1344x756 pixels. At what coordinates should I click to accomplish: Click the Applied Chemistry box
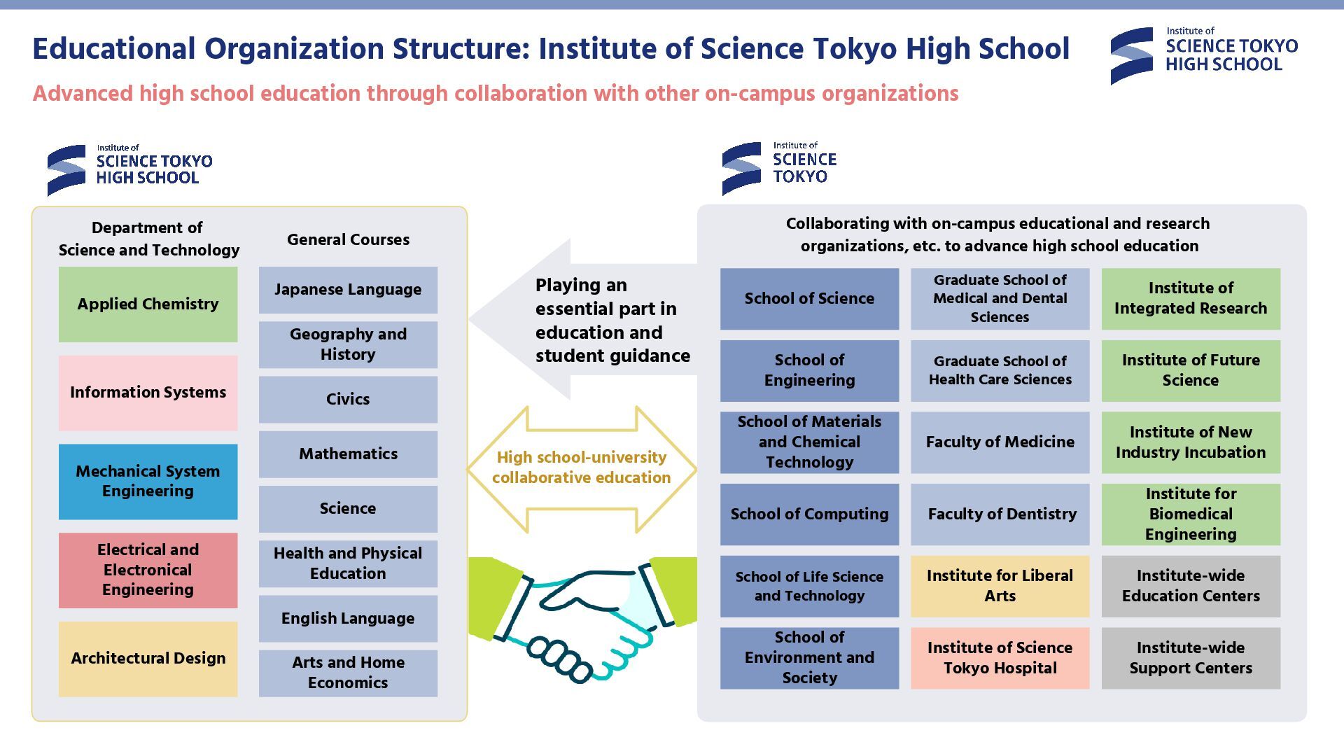click(x=148, y=304)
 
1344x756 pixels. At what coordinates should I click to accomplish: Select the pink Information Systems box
click(x=148, y=392)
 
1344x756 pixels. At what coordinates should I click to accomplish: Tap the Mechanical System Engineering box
click(x=148, y=481)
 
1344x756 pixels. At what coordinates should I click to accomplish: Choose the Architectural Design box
click(x=148, y=658)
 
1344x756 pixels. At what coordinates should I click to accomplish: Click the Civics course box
click(x=348, y=399)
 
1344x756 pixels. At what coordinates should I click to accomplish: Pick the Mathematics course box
click(x=348, y=454)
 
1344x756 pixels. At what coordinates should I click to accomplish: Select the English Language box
click(x=348, y=618)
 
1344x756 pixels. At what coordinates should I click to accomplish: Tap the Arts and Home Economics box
click(x=348, y=672)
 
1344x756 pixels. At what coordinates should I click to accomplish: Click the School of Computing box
click(x=809, y=514)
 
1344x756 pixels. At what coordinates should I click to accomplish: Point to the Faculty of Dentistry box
click(x=1000, y=514)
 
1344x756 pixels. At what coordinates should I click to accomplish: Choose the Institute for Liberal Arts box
click(x=1000, y=586)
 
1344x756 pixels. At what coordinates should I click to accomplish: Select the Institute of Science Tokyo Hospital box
click(x=1000, y=657)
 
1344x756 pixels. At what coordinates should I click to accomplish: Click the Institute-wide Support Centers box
click(x=1190, y=657)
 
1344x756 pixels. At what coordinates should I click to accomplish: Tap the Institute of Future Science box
click(x=1190, y=370)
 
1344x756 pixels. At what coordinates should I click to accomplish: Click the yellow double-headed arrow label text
click(x=581, y=467)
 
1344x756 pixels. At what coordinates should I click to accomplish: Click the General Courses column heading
click(x=348, y=239)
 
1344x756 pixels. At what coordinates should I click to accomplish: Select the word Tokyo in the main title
click(x=855, y=49)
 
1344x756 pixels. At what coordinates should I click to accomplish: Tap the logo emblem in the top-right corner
click(x=1131, y=56)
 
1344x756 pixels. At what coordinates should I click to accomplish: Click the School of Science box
click(x=809, y=298)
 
